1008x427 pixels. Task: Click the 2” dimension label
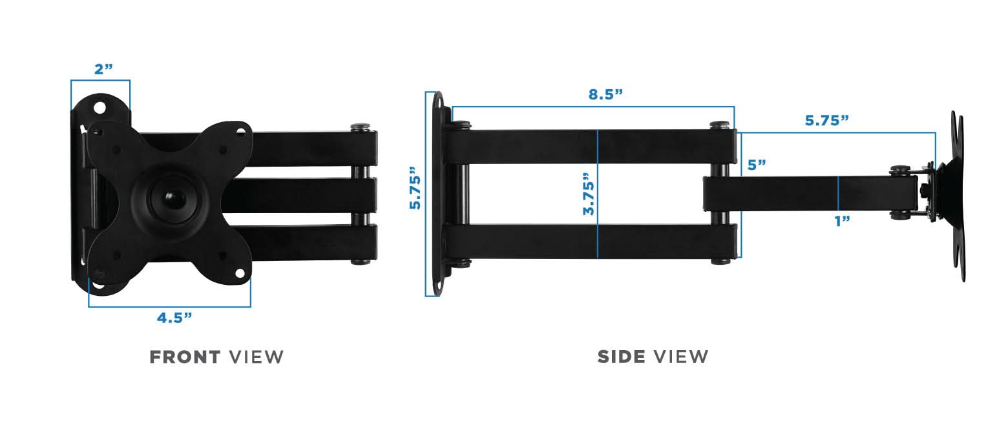(103, 69)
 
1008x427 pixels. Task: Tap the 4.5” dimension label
(174, 317)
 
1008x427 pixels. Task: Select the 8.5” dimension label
(605, 94)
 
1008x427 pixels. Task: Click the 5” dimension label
(757, 165)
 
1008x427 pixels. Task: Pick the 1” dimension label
(841, 221)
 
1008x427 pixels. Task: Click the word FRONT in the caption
(185, 357)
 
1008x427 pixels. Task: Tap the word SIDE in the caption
(622, 357)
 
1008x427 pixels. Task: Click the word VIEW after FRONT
(257, 357)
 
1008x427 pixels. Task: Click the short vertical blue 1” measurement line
(838, 194)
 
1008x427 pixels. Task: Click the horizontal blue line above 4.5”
(169, 306)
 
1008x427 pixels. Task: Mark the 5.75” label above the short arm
(826, 120)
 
